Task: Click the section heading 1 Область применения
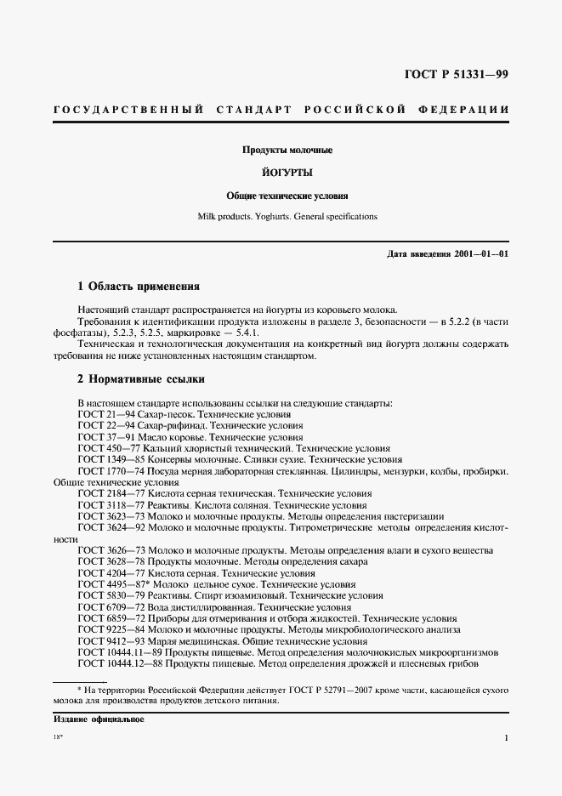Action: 139,287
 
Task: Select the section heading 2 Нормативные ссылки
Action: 140,378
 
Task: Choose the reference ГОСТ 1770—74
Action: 109,470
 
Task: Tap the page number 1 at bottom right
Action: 507,739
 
